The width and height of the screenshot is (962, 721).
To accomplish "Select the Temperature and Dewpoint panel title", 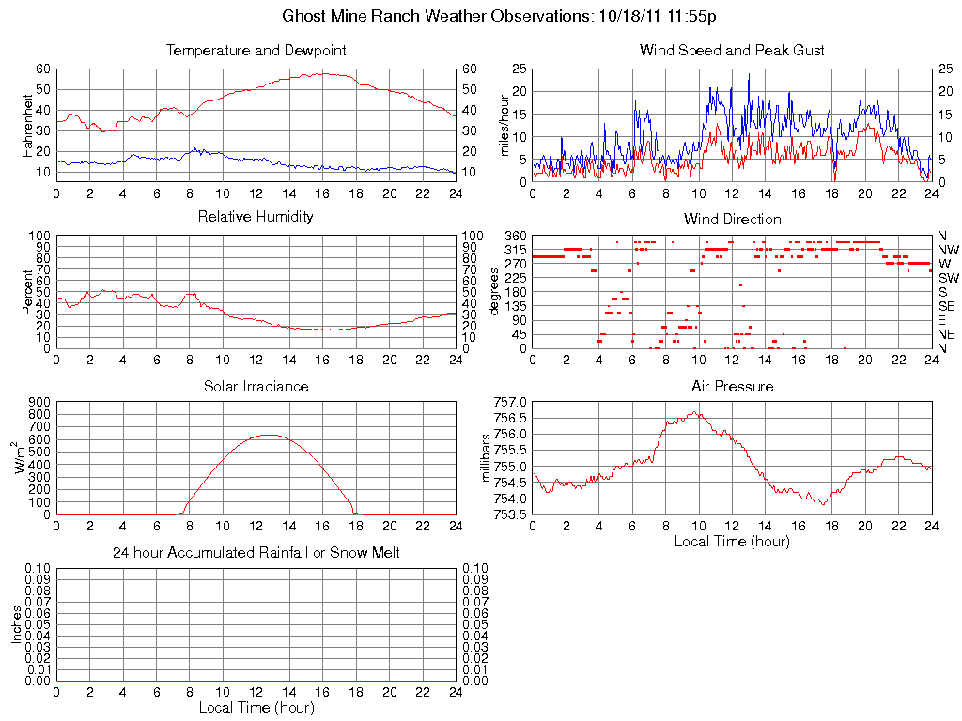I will pos(256,50).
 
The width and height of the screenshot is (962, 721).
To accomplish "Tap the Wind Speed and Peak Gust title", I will pos(732,50).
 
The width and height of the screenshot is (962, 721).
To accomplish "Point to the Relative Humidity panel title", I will pos(256,217).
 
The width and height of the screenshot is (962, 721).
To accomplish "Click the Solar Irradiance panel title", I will pos(256,386).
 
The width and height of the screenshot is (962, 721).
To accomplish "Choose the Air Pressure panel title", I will pos(732,386).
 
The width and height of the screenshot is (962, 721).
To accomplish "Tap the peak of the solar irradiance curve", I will pos(269,435).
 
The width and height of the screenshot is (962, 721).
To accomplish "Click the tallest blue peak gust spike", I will pos(749,74).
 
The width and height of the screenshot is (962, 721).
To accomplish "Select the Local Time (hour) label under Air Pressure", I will pos(732,542).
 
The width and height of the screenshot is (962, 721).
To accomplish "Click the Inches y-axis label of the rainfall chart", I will pos(17,624).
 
